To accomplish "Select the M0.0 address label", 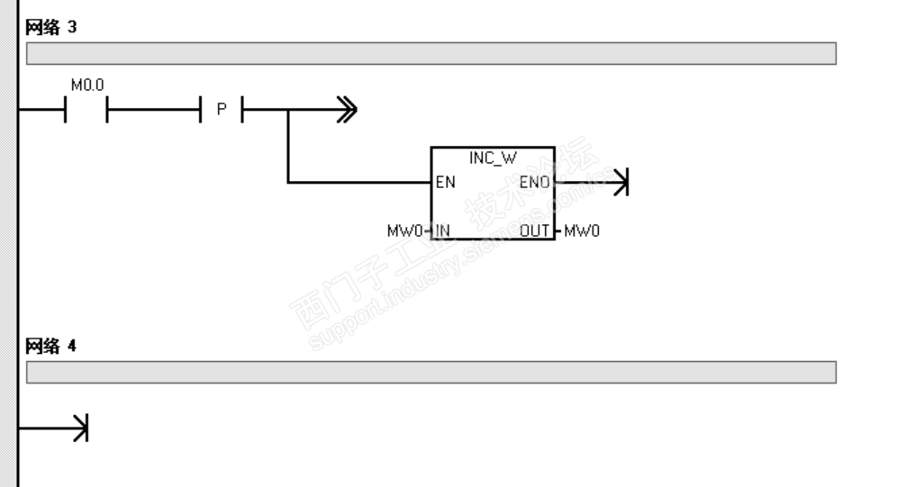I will [x=86, y=86].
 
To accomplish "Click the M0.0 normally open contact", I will [x=86, y=111].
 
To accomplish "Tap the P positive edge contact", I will [x=221, y=111].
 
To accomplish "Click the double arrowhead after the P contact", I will [x=347, y=111].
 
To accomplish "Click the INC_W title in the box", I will [x=492, y=158].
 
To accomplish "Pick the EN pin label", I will [x=445, y=183].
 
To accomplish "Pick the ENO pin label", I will [x=537, y=183].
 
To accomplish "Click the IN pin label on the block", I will [x=442, y=230].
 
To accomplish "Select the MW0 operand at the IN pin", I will [x=404, y=230].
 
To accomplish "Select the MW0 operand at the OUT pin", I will [x=582, y=230].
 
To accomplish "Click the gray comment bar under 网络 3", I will [x=431, y=54].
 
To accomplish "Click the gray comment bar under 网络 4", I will [x=431, y=372].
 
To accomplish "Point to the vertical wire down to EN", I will [x=287, y=149].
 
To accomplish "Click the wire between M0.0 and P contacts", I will [x=153, y=111].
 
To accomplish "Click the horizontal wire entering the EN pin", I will [x=360, y=183].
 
